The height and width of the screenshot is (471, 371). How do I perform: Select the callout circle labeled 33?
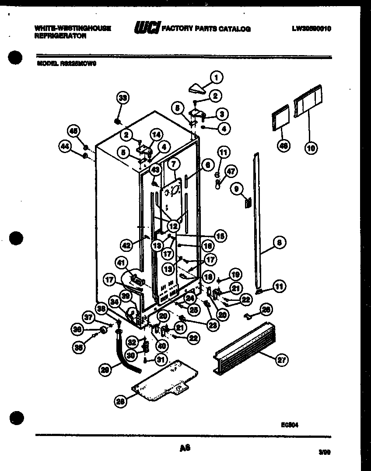click(x=123, y=99)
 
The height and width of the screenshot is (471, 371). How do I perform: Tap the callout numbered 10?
click(x=310, y=148)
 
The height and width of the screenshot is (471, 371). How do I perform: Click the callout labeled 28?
click(x=120, y=401)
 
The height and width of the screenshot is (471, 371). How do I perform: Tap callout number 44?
click(x=66, y=148)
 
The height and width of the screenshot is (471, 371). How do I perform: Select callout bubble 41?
click(x=121, y=263)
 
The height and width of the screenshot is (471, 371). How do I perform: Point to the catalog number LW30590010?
click(x=311, y=29)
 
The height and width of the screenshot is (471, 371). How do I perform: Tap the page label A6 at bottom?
click(x=185, y=448)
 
